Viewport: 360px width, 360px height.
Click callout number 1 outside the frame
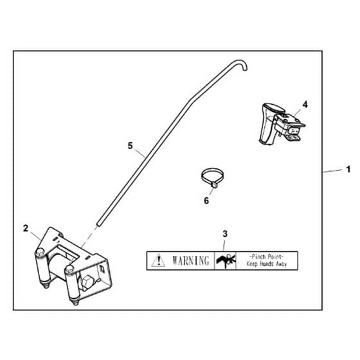(348, 170)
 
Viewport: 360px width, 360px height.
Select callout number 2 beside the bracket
(26, 228)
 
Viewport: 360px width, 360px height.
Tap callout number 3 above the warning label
(225, 234)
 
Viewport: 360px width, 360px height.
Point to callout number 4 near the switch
(305, 104)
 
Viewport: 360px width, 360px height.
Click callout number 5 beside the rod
(130, 145)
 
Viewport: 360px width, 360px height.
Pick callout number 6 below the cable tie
(206, 201)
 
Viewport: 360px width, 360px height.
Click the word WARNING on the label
(191, 260)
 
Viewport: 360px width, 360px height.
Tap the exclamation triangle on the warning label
(158, 260)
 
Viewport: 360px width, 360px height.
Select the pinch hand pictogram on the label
(226, 260)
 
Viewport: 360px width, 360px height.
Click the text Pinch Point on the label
(267, 256)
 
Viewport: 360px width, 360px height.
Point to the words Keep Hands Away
(267, 264)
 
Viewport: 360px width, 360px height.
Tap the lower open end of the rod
(99, 224)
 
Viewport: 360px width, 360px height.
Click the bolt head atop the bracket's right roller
(69, 269)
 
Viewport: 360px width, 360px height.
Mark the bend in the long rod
(190, 101)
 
